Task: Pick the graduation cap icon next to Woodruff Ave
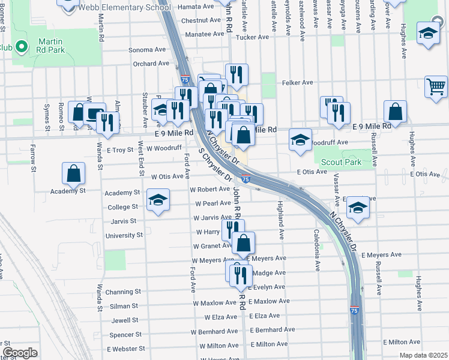point(300,139)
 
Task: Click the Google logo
point(20,352)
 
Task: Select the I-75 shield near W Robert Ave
point(246,179)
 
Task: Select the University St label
point(124,235)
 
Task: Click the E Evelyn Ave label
point(271,287)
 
